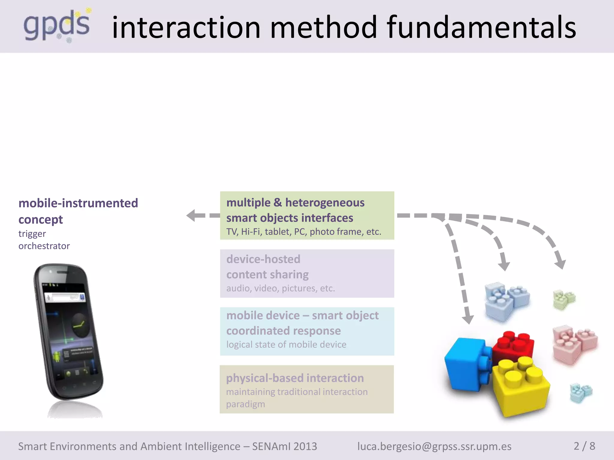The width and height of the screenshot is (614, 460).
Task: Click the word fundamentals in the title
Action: [481, 28]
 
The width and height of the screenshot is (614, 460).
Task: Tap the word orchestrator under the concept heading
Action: [44, 246]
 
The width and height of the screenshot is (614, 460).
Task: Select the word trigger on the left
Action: [32, 234]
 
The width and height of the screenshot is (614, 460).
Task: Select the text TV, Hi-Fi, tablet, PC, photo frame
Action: [303, 231]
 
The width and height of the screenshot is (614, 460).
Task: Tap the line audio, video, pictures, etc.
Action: [280, 288]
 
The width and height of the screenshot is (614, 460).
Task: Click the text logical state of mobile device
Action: [286, 344]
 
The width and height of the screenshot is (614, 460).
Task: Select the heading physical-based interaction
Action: [295, 378]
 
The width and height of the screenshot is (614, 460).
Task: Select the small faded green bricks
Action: [564, 299]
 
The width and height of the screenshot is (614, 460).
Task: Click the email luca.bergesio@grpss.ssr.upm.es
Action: [434, 446]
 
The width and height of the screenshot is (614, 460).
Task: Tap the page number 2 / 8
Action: [584, 446]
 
